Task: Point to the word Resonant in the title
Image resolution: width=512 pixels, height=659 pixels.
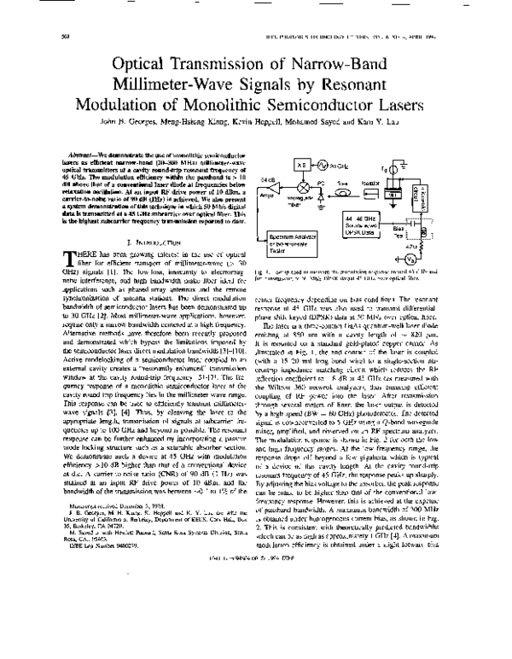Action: (404, 84)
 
